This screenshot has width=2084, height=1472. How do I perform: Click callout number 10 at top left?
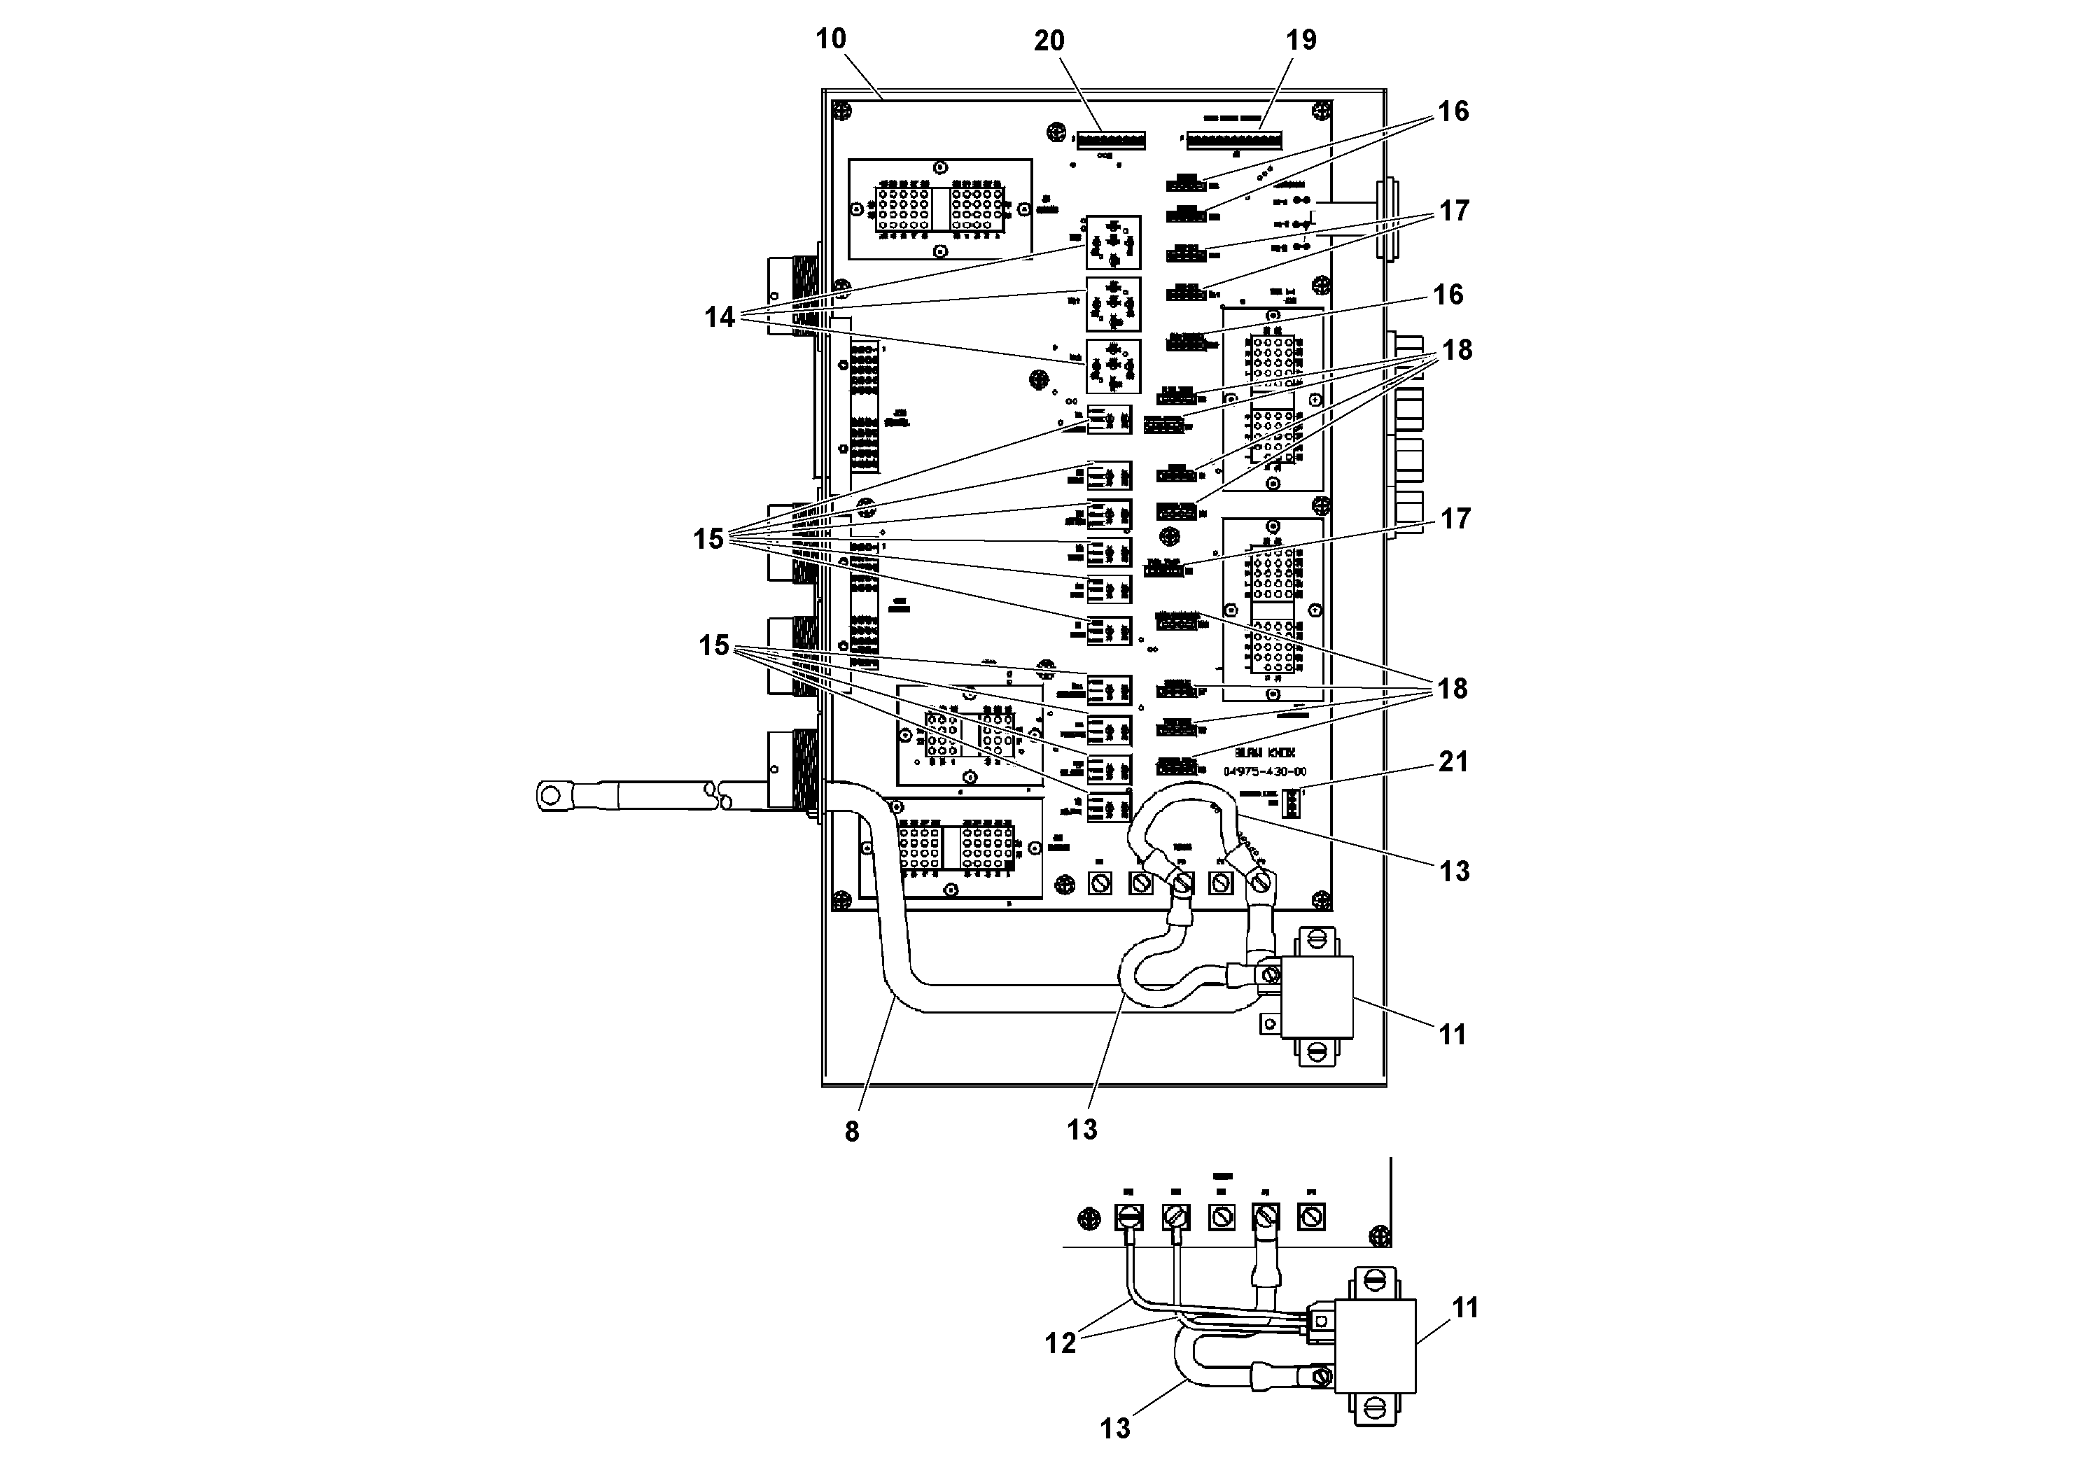click(x=830, y=39)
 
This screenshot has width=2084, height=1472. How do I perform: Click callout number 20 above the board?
click(x=1049, y=41)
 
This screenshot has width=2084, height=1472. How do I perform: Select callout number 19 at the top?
click(x=1301, y=40)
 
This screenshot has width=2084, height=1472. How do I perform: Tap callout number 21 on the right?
click(x=1453, y=762)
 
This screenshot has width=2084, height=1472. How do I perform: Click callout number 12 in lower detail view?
click(x=1060, y=1343)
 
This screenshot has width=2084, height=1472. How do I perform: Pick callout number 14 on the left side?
click(x=719, y=318)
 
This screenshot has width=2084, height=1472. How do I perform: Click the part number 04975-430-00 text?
click(x=1264, y=772)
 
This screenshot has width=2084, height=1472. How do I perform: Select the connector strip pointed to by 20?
click(x=1111, y=141)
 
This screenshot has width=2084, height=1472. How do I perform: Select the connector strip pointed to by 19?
click(x=1236, y=141)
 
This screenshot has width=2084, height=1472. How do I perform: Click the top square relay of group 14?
click(x=1113, y=242)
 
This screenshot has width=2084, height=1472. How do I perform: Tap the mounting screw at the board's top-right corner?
click(x=1320, y=111)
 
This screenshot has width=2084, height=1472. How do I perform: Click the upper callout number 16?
click(x=1453, y=111)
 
